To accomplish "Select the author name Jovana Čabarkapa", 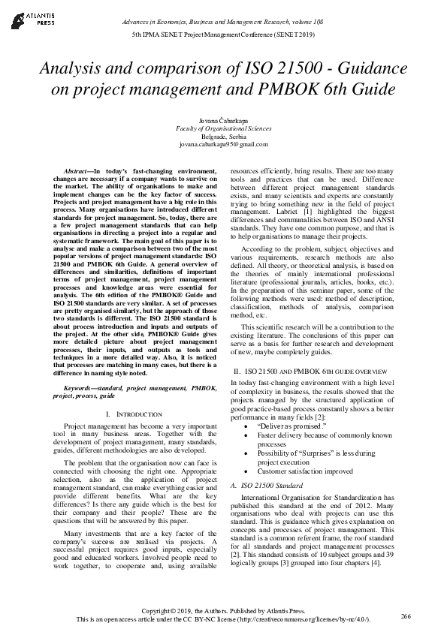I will pos(223,120).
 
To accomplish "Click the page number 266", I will pos(406,615).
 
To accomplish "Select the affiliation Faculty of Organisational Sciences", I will pos(223,128).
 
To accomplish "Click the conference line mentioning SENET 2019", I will pos(223,35).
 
